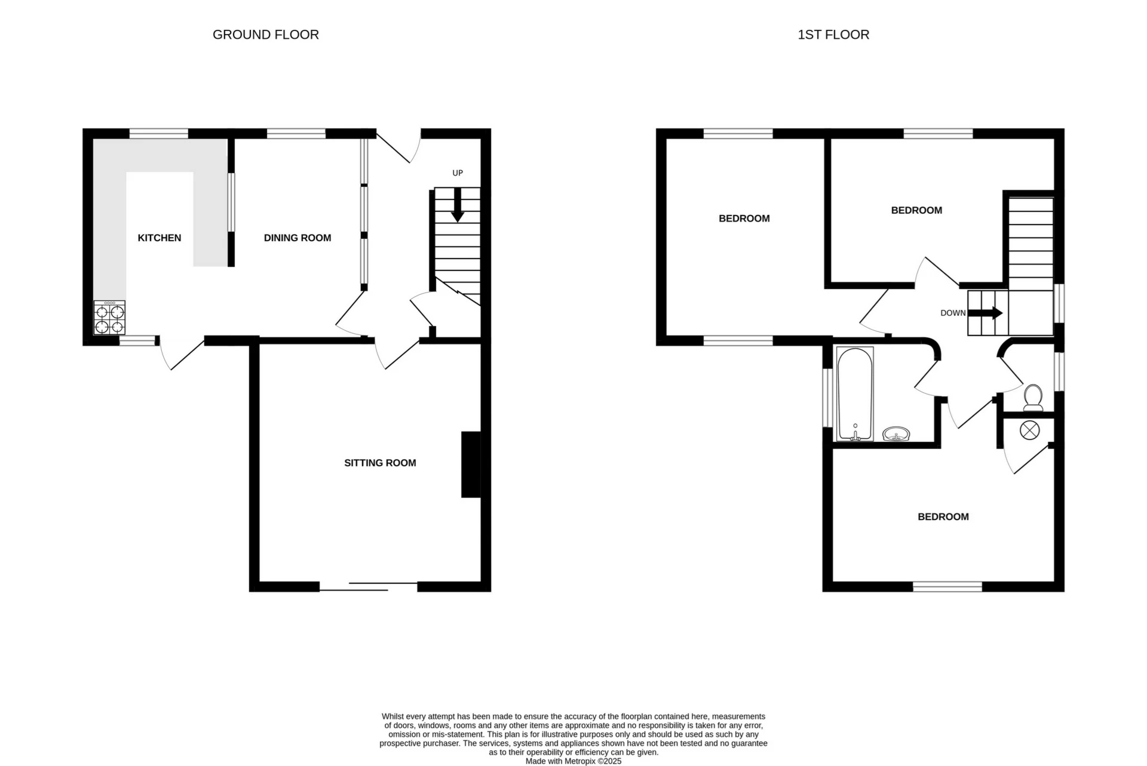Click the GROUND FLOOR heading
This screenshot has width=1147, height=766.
(x=265, y=35)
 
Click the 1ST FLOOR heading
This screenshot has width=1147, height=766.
(x=833, y=35)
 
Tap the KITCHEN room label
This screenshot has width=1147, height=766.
(x=159, y=238)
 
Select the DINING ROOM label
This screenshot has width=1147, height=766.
(x=297, y=238)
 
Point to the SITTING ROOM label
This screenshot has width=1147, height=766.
(x=380, y=463)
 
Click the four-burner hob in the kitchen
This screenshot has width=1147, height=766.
(x=109, y=318)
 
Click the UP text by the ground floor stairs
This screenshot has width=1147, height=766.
(x=458, y=173)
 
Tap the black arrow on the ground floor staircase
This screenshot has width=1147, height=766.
(x=458, y=207)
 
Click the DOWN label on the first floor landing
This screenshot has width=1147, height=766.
(x=952, y=313)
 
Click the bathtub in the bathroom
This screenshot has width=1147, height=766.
(x=855, y=394)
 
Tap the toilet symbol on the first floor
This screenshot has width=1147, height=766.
(x=1033, y=398)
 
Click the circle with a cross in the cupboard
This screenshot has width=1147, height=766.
(x=1029, y=430)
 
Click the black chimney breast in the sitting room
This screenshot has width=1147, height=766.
(x=471, y=464)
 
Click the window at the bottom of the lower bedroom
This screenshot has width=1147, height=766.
(x=947, y=587)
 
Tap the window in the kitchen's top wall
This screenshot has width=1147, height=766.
(x=159, y=133)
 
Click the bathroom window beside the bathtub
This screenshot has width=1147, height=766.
(x=827, y=398)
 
